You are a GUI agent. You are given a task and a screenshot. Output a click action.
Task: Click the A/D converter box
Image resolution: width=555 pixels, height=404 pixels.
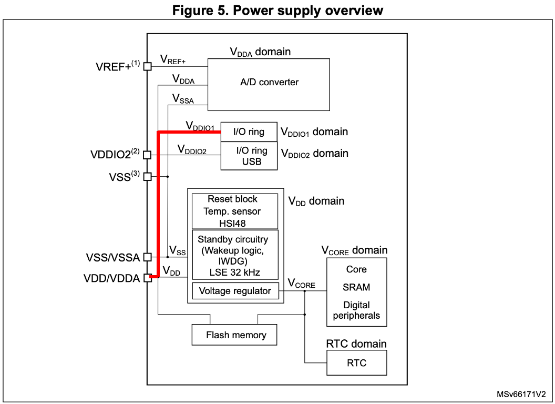coord(269,85)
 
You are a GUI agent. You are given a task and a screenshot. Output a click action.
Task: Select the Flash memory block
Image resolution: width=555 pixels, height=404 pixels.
coord(234,335)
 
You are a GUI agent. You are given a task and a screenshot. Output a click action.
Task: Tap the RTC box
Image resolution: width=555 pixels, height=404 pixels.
coord(357,362)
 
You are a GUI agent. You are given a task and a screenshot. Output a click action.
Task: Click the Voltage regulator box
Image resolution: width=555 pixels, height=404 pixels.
coord(235,291)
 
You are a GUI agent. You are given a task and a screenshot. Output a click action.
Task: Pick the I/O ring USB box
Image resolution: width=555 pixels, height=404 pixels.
coord(249,156)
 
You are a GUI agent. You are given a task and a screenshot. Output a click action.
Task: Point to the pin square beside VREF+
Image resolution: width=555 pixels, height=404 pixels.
coord(147,66)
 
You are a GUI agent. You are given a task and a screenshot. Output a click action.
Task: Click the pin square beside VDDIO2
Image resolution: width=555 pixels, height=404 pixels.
coord(147,155)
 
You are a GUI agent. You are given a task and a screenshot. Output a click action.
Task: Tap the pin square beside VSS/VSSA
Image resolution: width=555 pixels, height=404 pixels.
coord(147,257)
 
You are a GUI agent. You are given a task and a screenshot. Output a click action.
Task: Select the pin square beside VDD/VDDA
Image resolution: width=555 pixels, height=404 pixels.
coord(147,278)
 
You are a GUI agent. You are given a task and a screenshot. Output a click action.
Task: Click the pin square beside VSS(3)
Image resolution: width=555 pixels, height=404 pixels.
coord(147,176)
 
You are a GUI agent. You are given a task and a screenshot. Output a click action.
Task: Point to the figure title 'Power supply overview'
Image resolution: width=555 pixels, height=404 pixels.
coord(308,11)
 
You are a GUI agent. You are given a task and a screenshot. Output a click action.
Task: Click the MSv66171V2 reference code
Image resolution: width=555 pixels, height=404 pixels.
coord(521,394)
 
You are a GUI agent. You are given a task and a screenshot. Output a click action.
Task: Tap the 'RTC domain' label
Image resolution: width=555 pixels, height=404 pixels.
coord(356,344)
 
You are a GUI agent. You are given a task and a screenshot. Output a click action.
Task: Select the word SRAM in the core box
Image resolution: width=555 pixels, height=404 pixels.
coord(356,287)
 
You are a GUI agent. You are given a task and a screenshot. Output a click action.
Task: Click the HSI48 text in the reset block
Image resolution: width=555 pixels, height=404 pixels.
coord(232,223)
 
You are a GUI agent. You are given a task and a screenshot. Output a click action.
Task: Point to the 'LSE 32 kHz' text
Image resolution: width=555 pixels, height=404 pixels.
coord(235,272)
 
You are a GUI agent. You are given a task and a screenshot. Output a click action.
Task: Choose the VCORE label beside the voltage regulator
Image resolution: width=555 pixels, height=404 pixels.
coord(301,284)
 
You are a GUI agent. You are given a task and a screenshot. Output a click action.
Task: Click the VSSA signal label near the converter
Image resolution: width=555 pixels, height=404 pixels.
coord(183,99)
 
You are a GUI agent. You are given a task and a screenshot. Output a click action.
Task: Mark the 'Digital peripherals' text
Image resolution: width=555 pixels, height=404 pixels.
coord(356,310)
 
